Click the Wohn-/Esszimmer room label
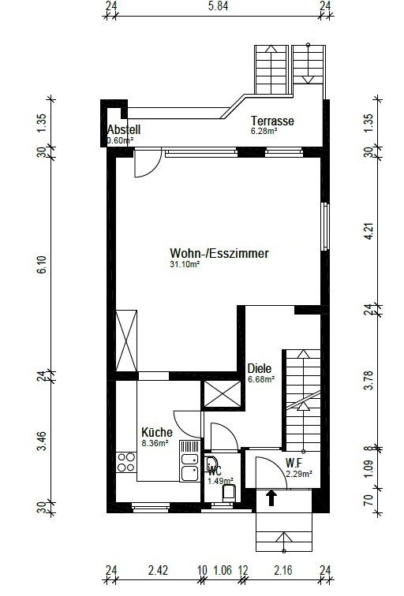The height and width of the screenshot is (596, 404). (219, 253)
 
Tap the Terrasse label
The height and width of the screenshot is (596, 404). (272, 121)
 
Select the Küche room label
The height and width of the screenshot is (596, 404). (157, 432)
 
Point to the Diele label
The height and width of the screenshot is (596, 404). (260, 368)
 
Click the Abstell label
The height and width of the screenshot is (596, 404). (124, 129)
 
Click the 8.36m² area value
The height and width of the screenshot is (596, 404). (155, 443)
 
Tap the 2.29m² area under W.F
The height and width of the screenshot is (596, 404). (299, 474)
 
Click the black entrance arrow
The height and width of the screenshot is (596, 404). (271, 498)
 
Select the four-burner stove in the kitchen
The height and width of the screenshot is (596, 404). (126, 462)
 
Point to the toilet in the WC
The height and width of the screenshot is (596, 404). (230, 492)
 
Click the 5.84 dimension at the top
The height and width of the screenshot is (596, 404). (218, 6)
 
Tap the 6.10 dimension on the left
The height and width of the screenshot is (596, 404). (42, 265)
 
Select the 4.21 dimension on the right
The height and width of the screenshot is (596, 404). (368, 232)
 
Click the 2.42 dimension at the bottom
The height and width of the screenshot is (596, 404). (158, 571)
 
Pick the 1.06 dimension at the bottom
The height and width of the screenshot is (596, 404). (223, 571)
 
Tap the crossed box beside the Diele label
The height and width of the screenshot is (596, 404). (223, 394)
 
